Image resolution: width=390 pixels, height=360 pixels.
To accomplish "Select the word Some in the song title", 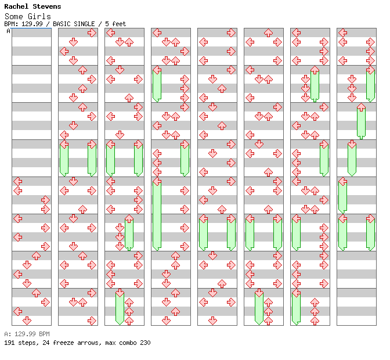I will coord(13,16).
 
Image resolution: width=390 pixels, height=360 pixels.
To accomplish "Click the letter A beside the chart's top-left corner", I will coord(8,31).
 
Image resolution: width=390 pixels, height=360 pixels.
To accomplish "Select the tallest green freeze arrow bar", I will coord(157,215).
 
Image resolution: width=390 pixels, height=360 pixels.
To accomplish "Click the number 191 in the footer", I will coord(9,343).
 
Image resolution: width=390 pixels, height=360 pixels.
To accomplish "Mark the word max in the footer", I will coord(109,343).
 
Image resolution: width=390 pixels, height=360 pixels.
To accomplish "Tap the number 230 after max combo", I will coord(145,343).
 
